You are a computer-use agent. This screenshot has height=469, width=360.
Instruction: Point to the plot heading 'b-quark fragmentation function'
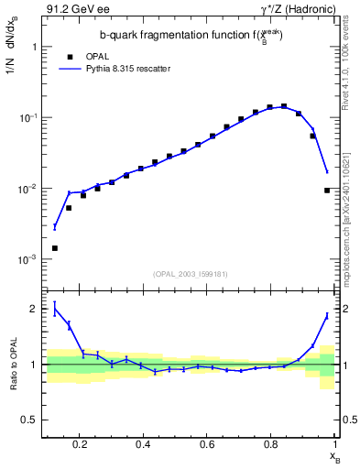[173, 35]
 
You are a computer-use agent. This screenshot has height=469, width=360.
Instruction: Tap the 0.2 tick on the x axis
[81, 444]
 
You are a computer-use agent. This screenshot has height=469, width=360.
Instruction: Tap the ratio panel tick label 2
[31, 309]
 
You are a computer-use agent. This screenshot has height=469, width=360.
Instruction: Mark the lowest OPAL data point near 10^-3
[55, 248]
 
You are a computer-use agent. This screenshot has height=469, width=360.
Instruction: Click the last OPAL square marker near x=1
[327, 191]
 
